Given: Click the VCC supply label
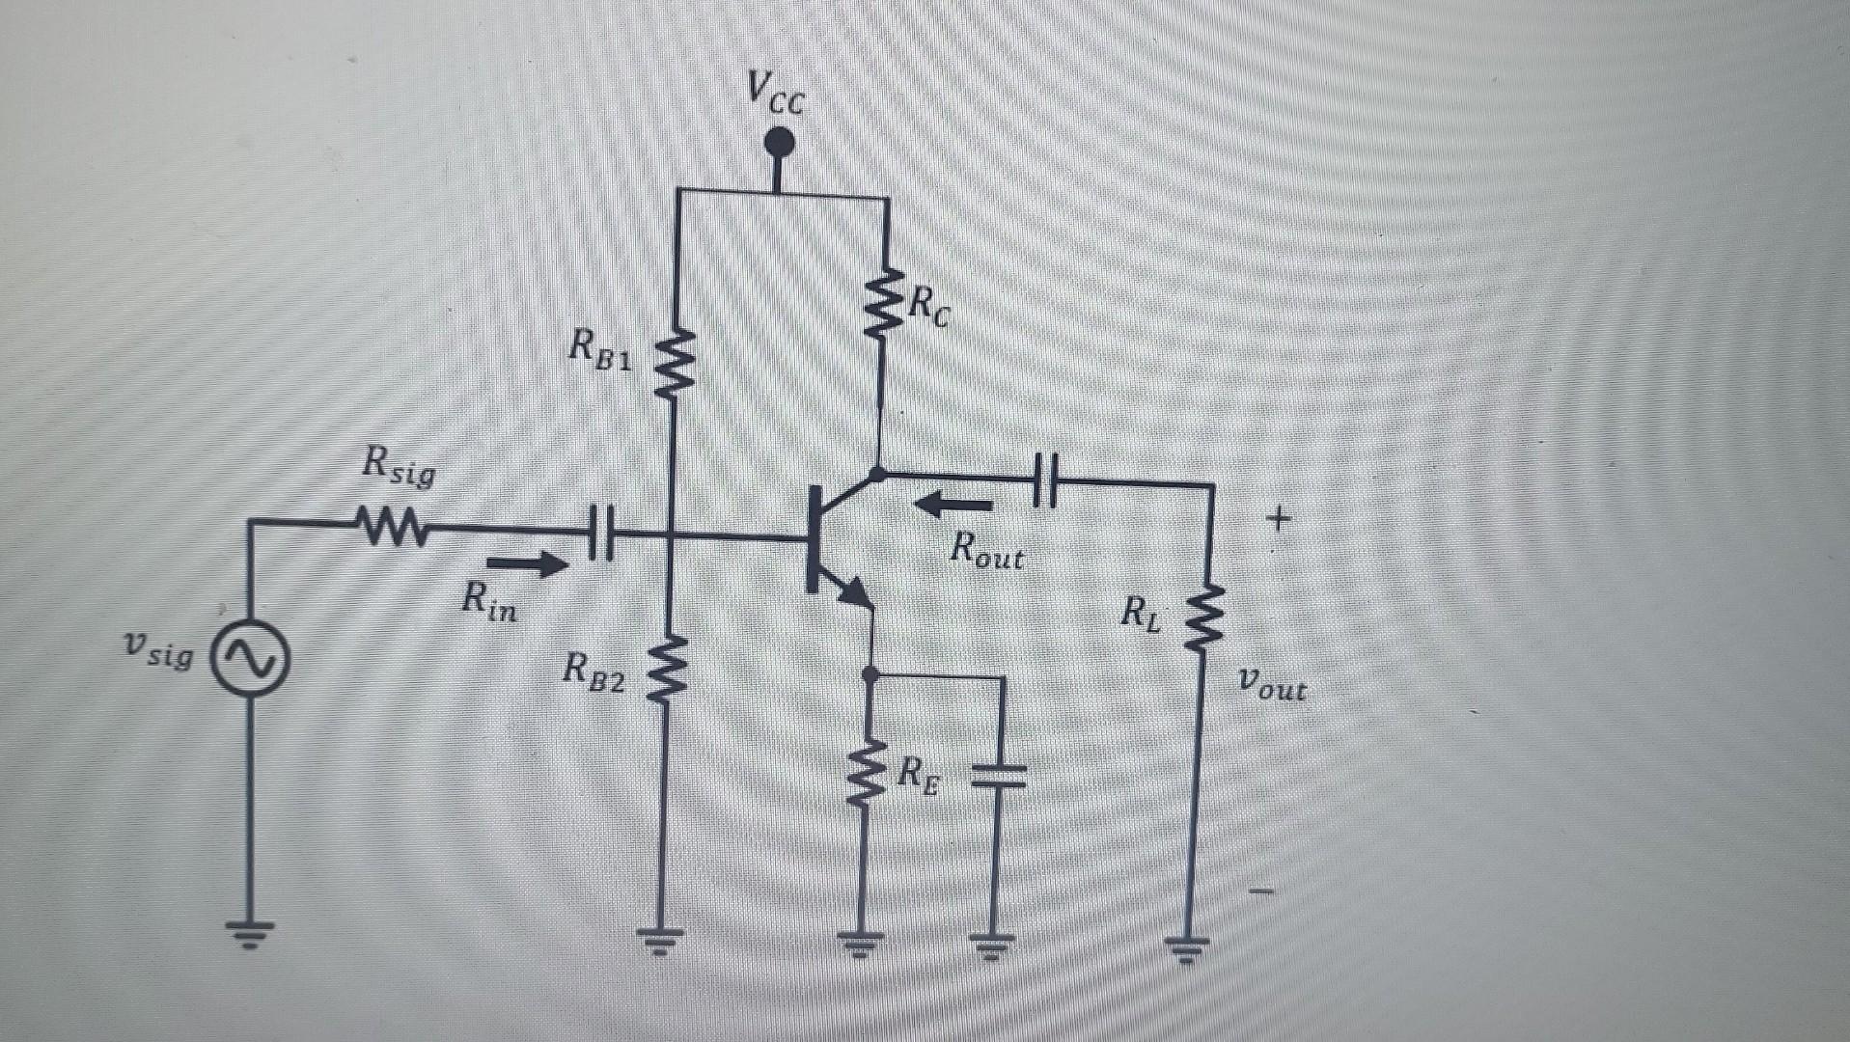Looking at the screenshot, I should point(775,95).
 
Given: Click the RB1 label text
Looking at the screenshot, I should point(600,349).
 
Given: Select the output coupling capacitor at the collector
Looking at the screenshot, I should point(1044,478).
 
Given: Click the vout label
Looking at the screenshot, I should point(1273,687).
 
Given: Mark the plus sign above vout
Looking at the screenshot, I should point(1278,521).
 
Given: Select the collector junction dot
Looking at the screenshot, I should point(877,475).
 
